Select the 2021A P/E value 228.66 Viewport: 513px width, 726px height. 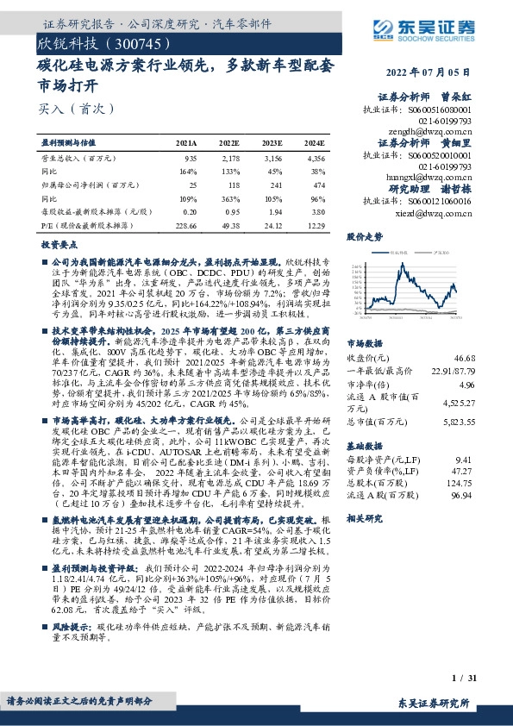[185, 224]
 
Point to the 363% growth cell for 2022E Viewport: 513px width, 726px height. [228, 198]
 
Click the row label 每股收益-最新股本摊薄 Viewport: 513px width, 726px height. [91, 211]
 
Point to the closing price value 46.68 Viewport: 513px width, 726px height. [465, 357]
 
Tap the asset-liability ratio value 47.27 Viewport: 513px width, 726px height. [465, 473]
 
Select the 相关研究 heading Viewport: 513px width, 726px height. [364, 519]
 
